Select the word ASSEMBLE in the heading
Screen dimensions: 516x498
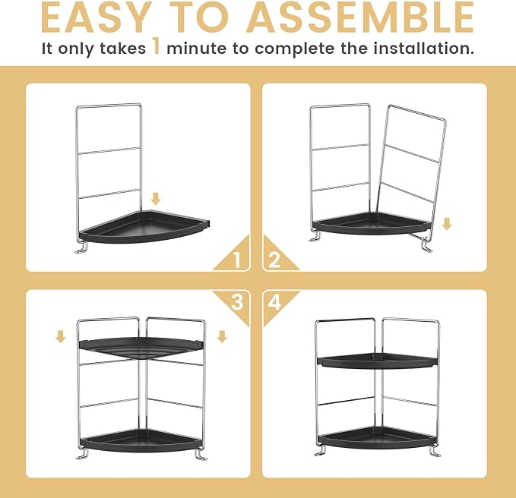click(x=360, y=17)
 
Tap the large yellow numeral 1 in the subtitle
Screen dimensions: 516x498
click(x=157, y=46)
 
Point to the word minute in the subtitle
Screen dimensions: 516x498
click(x=197, y=49)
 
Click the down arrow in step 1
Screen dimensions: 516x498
click(x=156, y=199)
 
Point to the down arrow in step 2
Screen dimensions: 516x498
click(x=447, y=224)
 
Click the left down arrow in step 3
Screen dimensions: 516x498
click(x=61, y=336)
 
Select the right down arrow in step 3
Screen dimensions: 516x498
click(x=222, y=336)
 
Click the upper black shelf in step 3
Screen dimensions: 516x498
click(x=141, y=348)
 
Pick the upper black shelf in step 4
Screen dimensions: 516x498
click(x=378, y=361)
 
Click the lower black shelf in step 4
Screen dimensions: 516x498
click(x=378, y=438)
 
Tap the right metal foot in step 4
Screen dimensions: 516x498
click(x=435, y=450)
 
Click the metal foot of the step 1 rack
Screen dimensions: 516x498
click(x=81, y=247)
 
